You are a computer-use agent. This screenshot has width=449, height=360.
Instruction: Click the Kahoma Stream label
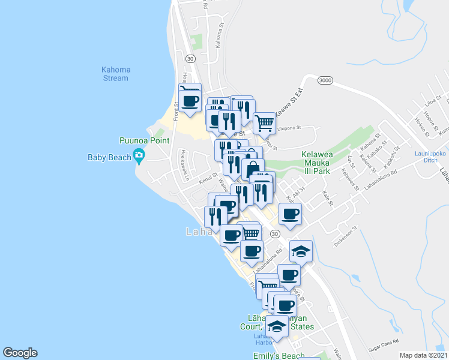point(115,74)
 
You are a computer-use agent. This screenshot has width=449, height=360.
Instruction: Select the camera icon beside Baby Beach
point(139,157)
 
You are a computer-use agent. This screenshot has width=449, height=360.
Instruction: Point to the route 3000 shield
point(325,80)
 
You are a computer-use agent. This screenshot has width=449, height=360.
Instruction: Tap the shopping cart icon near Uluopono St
point(264,123)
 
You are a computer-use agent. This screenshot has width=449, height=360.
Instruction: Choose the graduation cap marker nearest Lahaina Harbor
point(277,327)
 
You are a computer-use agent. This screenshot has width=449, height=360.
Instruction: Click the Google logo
point(20,353)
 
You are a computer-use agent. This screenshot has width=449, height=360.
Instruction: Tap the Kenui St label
point(208,177)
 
